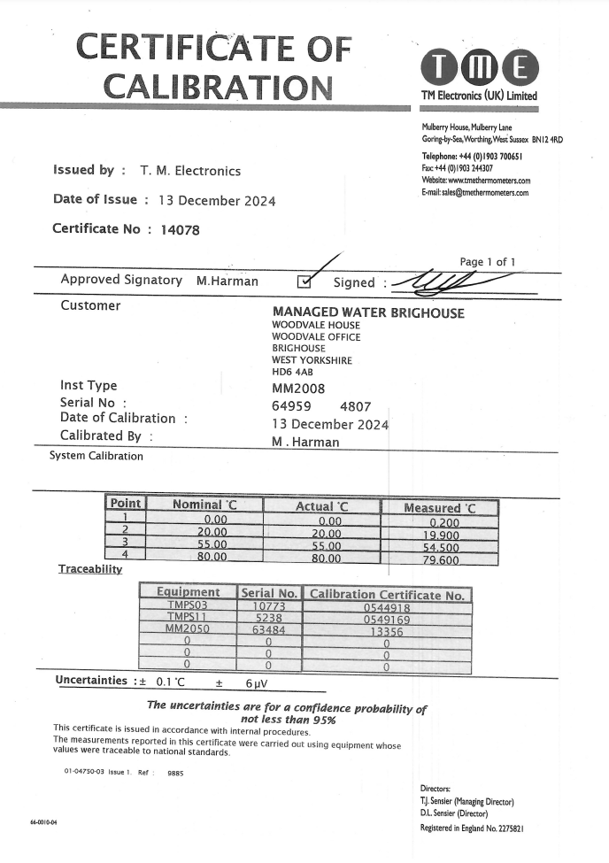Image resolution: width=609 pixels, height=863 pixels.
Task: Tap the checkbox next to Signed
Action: [304, 282]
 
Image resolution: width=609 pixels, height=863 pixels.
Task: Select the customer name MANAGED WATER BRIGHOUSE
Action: [368, 312]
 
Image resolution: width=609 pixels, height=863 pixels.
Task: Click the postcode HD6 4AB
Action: [292, 372]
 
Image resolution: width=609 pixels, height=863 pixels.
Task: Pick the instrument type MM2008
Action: [298, 389]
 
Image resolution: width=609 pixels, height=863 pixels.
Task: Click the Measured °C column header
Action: [439, 508]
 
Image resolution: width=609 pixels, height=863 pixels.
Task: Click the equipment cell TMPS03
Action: [187, 607]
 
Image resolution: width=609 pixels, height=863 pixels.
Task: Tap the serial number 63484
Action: [268, 630]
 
